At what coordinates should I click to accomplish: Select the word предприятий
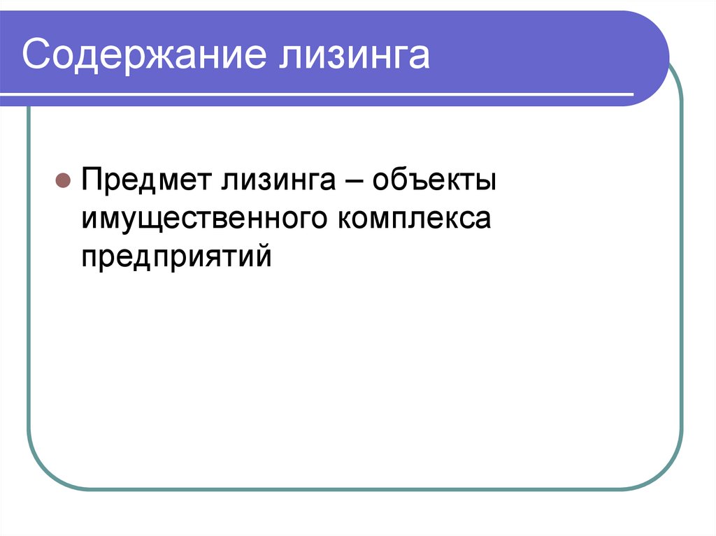point(175,257)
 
